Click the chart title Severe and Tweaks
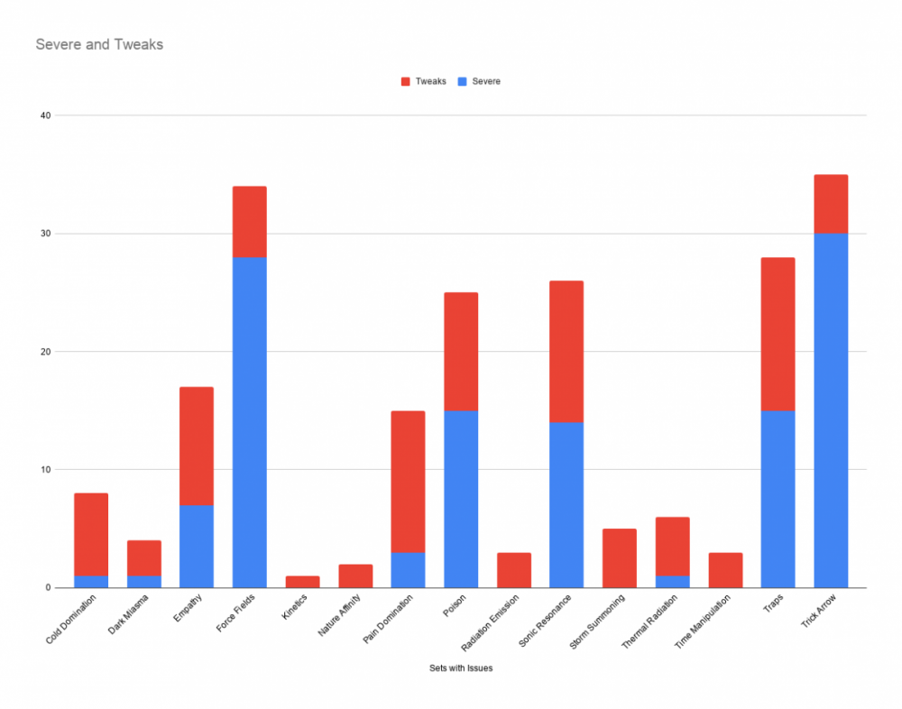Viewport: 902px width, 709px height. (x=99, y=44)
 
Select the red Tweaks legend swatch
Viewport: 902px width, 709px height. (x=405, y=81)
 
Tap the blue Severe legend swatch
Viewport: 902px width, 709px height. (x=462, y=81)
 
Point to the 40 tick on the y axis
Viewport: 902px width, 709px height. (x=46, y=115)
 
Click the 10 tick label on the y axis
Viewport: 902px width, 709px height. (x=46, y=470)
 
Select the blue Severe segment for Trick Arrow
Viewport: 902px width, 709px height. (x=830, y=410)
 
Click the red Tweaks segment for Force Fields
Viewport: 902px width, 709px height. (x=249, y=222)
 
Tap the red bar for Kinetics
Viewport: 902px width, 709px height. (x=302, y=582)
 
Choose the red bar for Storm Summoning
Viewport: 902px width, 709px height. (x=620, y=558)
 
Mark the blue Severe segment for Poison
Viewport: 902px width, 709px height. (x=461, y=499)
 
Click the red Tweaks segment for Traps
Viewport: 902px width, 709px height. (x=778, y=334)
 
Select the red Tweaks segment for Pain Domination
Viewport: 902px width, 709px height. (x=408, y=482)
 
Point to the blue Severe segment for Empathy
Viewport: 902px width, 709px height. (x=197, y=547)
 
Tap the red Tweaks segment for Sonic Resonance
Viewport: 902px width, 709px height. (x=566, y=352)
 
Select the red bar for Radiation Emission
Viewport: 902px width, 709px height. (x=513, y=570)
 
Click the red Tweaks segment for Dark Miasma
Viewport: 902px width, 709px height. (x=143, y=558)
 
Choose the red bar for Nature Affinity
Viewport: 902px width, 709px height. (x=355, y=575)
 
